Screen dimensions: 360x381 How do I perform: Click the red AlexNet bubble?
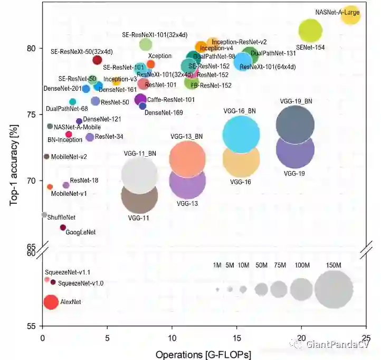tap(51, 302)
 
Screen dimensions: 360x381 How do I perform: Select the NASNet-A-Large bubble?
tap(350, 15)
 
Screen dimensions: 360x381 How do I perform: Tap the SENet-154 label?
tap(310, 48)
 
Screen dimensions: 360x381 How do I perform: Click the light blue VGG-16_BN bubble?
tap(241, 134)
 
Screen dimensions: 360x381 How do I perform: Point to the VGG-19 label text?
tap(294, 173)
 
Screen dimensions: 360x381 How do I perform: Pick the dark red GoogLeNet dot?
tap(63, 228)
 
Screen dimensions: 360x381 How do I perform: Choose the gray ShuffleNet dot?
tap(44, 215)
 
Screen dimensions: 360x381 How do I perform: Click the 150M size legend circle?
tap(334, 289)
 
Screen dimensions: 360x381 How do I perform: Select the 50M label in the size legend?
tap(261, 265)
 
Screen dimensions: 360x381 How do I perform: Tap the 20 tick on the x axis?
tap(301, 338)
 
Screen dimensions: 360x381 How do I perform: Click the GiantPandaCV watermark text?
tap(336, 344)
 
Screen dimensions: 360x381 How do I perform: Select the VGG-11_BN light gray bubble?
tap(139, 175)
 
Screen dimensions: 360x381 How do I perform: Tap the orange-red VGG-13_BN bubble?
tap(187, 159)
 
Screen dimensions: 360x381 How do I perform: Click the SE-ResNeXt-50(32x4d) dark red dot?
tap(97, 60)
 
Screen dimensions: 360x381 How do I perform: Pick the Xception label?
tap(160, 56)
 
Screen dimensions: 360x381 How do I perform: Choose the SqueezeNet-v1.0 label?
tap(81, 283)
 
